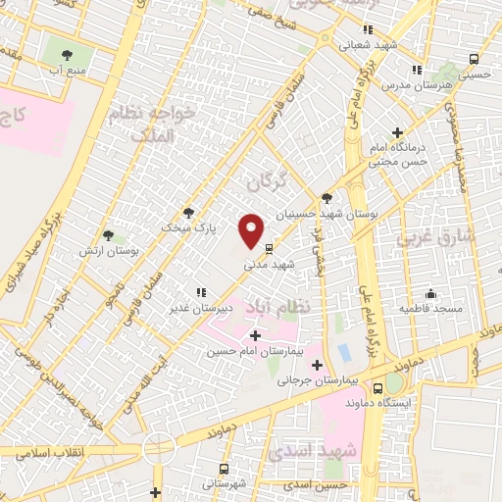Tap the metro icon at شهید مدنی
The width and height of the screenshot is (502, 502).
269,246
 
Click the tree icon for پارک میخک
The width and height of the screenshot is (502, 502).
188,212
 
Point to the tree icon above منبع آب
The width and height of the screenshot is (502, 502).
67,55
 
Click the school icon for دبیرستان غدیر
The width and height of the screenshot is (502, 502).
201,292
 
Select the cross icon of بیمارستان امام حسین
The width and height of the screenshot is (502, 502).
256,336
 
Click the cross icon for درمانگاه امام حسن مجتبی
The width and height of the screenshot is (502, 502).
397,132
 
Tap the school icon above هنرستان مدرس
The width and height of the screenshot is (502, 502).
417,70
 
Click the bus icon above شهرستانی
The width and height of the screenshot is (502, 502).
225,468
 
